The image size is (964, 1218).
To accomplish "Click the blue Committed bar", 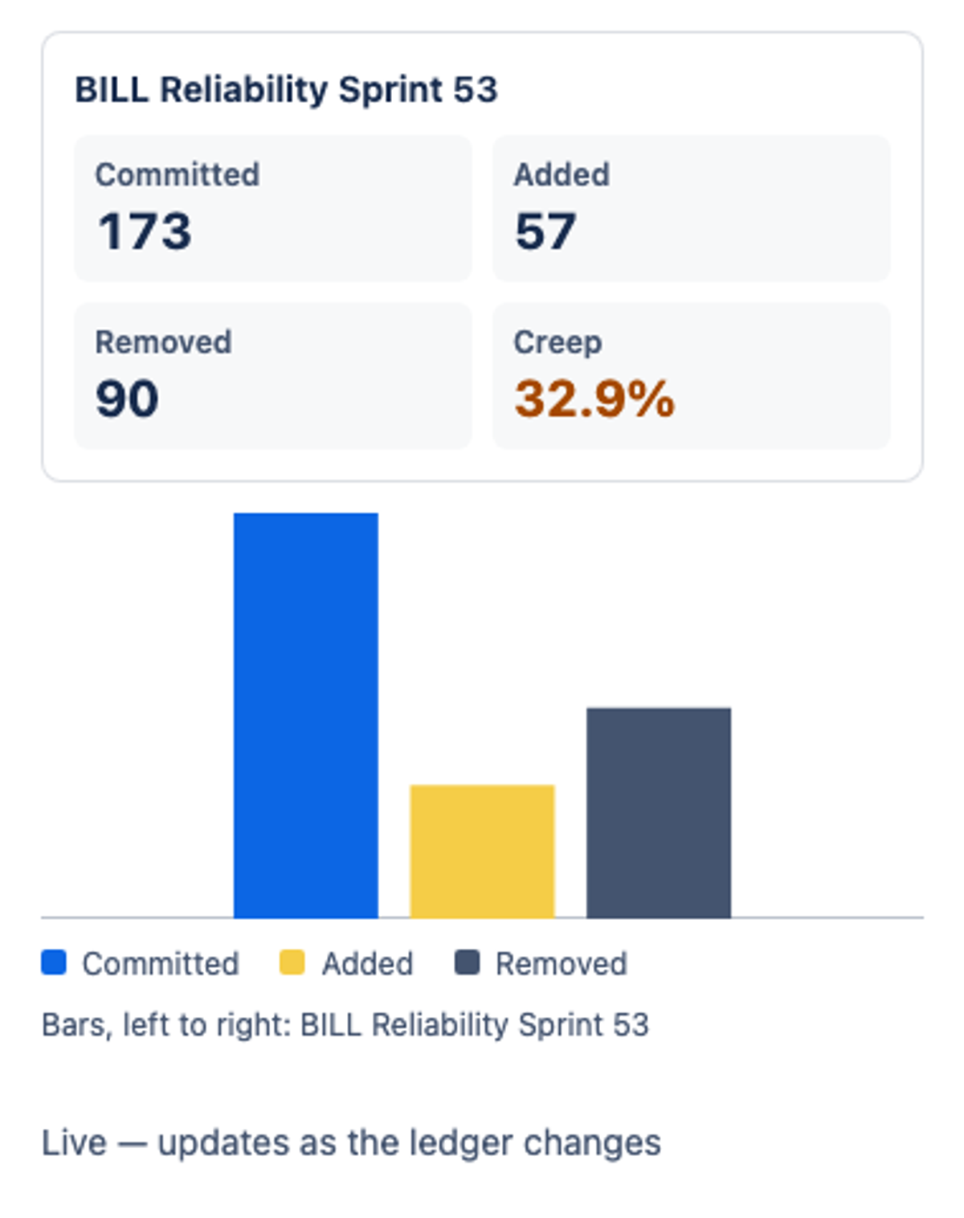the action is (x=306, y=715).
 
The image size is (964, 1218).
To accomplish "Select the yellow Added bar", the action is (x=482, y=852).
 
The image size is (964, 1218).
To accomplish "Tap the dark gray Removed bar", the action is (x=659, y=813).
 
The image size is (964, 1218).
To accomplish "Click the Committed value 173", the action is (x=145, y=231).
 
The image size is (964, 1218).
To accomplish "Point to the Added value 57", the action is (x=545, y=231).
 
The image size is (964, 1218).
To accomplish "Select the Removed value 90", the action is (x=127, y=399).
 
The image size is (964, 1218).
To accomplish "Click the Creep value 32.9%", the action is (x=594, y=399).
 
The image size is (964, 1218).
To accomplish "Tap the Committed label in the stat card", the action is (x=178, y=174).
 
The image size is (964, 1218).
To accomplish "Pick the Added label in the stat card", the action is (x=562, y=174).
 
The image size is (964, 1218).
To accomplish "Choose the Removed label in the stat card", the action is (x=163, y=341).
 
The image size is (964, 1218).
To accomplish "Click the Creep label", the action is (x=558, y=343).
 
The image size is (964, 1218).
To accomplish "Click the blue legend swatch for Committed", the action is (x=54, y=963).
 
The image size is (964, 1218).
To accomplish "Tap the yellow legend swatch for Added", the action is (x=292, y=963).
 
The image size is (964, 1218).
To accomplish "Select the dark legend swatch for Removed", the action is (x=467, y=963).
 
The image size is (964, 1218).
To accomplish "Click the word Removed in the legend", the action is (x=562, y=963).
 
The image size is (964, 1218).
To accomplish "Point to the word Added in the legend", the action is (x=367, y=963).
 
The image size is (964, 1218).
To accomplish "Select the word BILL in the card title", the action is (x=112, y=90).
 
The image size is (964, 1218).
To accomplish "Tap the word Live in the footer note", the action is (x=74, y=1142).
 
